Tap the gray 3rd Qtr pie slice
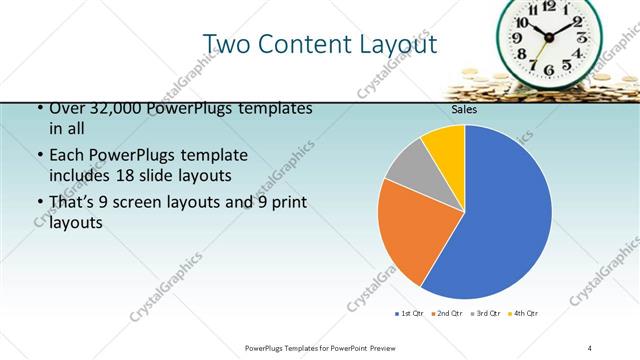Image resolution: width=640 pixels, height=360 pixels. [408, 172]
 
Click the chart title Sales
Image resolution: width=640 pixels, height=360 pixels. [464, 110]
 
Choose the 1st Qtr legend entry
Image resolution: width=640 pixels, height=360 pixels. [410, 314]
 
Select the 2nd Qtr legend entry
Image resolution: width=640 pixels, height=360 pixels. [448, 314]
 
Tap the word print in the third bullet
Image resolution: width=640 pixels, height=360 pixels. [287, 203]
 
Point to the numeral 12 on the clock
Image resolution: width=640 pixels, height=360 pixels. [549, 6]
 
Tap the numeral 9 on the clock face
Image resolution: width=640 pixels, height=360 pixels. [518, 38]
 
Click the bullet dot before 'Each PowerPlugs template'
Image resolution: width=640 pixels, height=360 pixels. [39, 156]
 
